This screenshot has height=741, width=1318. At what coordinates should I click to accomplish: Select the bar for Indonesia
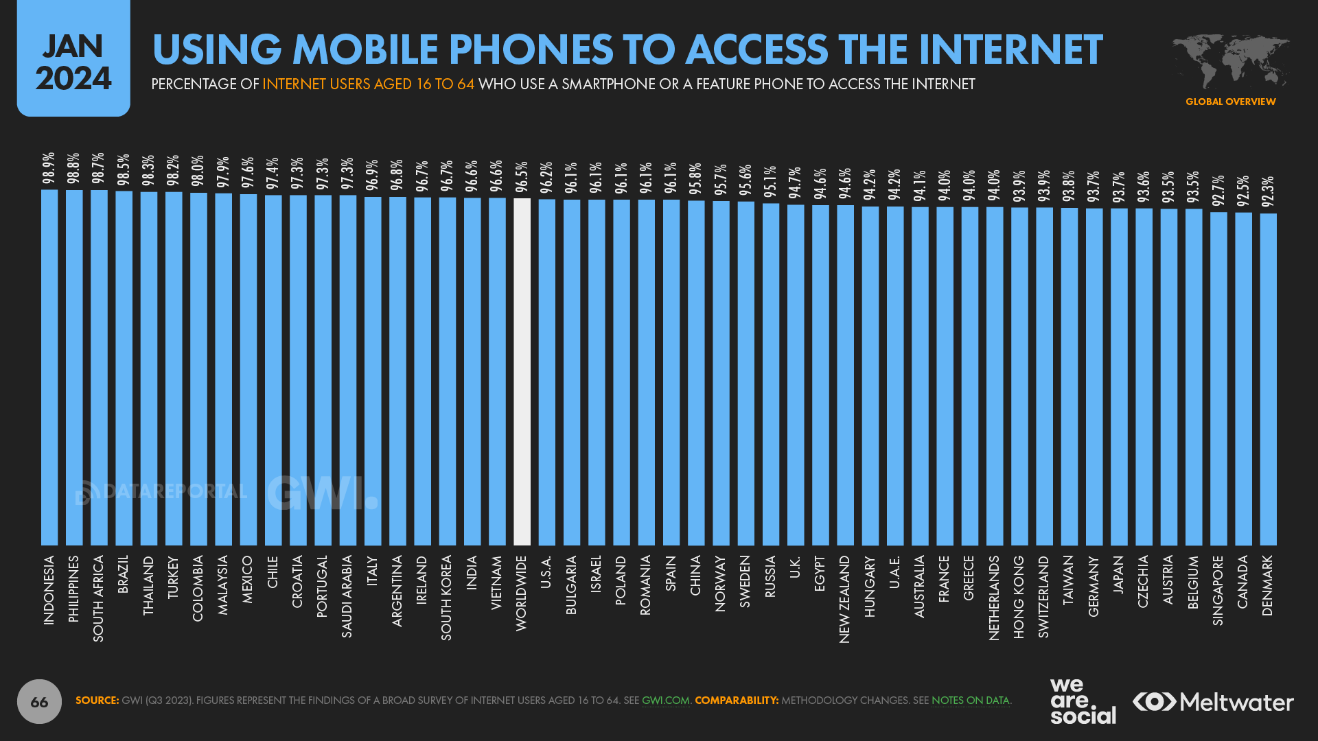pyautogui.click(x=49, y=367)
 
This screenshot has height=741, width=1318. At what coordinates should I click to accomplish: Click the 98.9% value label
pyautogui.click(x=49, y=169)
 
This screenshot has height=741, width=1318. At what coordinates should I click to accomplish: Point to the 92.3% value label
pyautogui.click(x=1268, y=192)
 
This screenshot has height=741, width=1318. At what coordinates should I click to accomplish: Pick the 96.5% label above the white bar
pyautogui.click(x=522, y=177)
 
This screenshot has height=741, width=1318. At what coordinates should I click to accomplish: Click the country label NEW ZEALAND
pyautogui.click(x=844, y=599)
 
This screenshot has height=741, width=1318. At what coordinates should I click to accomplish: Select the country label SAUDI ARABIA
pyautogui.click(x=347, y=596)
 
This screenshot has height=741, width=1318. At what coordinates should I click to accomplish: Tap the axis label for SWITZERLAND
pyautogui.click(x=1043, y=596)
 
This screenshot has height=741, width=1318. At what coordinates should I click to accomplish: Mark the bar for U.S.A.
pyautogui.click(x=547, y=372)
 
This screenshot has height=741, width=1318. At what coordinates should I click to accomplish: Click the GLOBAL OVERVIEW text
pyautogui.click(x=1230, y=102)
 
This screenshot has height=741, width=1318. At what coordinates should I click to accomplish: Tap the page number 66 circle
pyautogui.click(x=39, y=701)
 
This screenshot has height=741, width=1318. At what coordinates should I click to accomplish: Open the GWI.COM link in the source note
pyautogui.click(x=665, y=701)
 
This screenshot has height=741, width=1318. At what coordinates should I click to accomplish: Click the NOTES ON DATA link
pyautogui.click(x=970, y=701)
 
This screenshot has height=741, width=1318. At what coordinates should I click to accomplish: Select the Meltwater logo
pyautogui.click(x=1213, y=702)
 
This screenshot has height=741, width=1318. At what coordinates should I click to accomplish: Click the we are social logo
pyautogui.click(x=1082, y=701)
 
